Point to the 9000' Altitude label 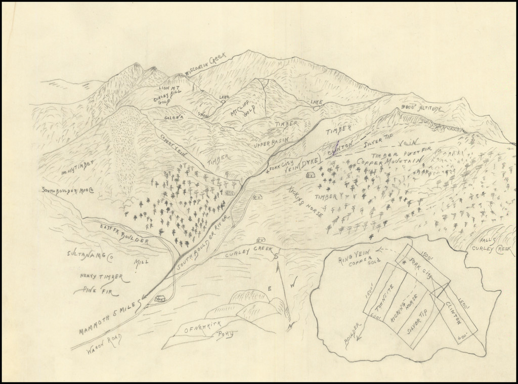(x=422, y=109)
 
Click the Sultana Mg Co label (x=90, y=254)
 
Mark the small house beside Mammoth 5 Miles (x=160, y=299)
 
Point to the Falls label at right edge (x=487, y=240)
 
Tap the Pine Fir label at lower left (x=93, y=290)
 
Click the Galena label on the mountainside (x=173, y=117)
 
